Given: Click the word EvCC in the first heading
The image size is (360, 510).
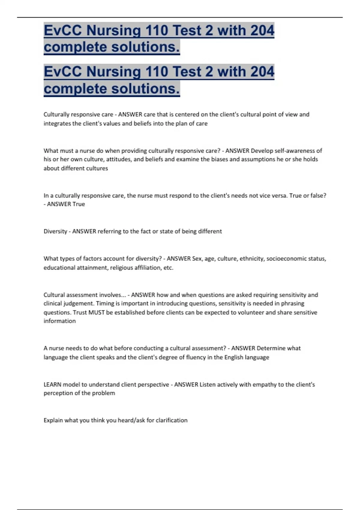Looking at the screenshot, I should point(62,31).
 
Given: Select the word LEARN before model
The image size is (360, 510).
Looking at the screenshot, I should point(52,385).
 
